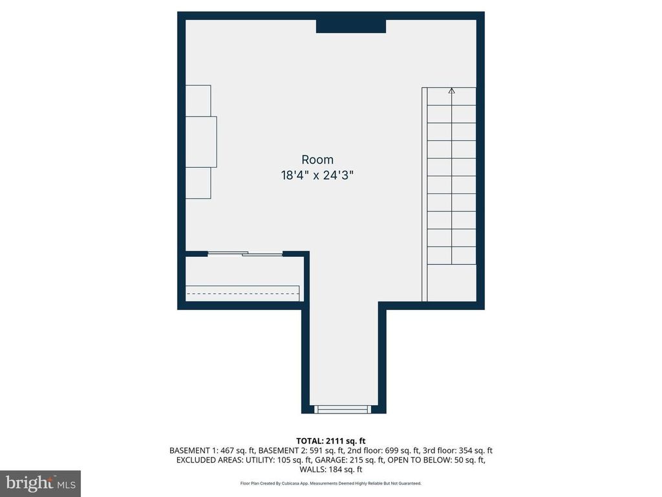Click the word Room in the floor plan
(317, 160)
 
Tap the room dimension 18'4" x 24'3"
(317, 175)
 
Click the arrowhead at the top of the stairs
(452, 90)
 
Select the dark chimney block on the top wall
(351, 26)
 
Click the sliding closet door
(245, 254)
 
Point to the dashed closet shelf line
(242, 293)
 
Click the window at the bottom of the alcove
(343, 409)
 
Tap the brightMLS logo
(40, 483)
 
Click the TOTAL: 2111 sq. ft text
(330, 441)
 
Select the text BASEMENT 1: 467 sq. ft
(212, 450)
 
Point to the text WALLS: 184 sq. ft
(331, 469)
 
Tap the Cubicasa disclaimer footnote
(330, 483)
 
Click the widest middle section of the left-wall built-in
(202, 142)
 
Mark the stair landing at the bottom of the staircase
(452, 283)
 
